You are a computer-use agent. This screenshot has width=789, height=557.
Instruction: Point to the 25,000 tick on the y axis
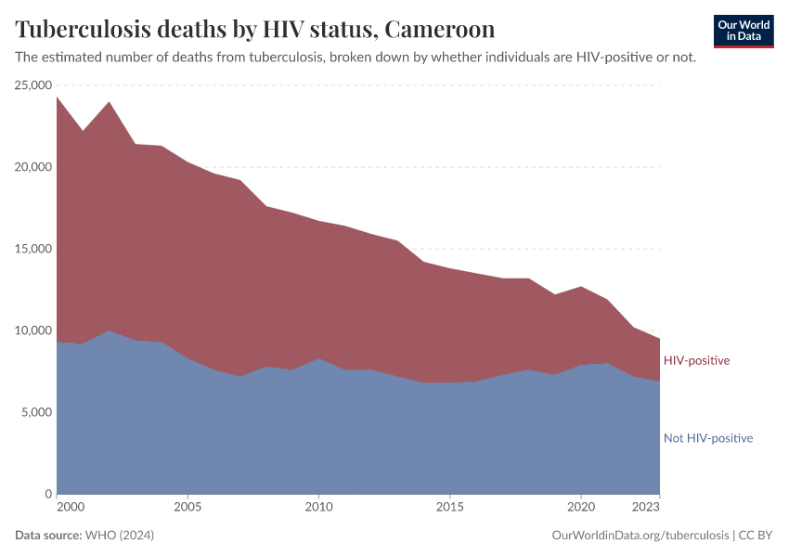(32, 85)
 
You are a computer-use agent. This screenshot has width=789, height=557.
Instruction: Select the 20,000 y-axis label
(32, 167)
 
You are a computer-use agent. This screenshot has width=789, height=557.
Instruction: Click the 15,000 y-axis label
(32, 249)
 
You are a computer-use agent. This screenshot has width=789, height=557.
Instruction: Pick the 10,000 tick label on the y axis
(32, 330)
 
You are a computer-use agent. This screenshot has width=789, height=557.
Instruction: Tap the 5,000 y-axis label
(36, 412)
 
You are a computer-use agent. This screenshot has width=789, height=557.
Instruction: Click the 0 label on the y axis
(47, 494)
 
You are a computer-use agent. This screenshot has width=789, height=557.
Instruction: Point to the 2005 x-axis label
(188, 509)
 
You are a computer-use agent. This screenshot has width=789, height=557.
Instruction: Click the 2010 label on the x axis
(318, 509)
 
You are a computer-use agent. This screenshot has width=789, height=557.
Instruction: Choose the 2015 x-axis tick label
(449, 509)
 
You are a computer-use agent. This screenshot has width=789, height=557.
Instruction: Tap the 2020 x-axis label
(580, 509)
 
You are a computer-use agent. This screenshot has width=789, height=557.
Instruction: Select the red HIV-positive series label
(696, 360)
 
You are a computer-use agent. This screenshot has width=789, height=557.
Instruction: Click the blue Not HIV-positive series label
(707, 438)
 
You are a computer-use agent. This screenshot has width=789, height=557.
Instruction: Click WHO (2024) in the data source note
(119, 536)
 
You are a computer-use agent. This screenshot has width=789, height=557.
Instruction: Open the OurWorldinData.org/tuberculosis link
(640, 536)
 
